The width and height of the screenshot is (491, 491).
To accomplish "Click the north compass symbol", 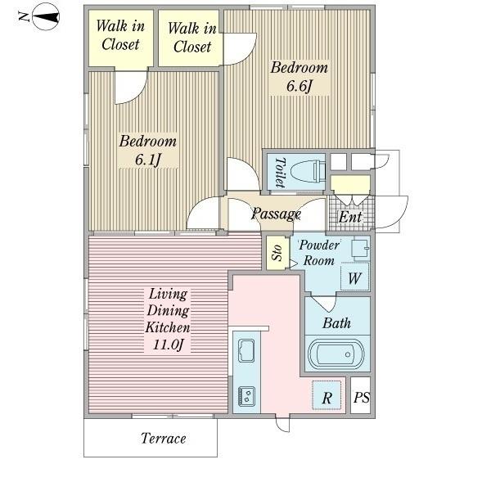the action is (x=45, y=16).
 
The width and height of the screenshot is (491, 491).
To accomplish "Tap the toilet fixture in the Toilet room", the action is (x=308, y=172).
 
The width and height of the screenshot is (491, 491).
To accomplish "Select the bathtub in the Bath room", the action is (x=336, y=354).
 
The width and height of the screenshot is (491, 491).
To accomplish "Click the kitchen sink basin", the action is (x=246, y=350).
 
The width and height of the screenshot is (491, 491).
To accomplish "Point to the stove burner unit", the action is (x=247, y=397).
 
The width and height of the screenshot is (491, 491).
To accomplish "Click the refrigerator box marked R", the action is (x=327, y=395).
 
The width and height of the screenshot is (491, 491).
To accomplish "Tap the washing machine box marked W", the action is (x=354, y=277).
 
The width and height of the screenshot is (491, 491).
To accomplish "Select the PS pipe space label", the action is (x=362, y=398).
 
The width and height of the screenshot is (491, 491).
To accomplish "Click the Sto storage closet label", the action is (x=277, y=252).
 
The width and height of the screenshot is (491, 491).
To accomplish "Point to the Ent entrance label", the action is (x=350, y=217).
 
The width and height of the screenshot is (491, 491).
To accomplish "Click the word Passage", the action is (x=276, y=214).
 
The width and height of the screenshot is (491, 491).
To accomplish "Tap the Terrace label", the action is (x=164, y=438).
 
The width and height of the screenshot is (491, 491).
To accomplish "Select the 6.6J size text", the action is (x=300, y=86).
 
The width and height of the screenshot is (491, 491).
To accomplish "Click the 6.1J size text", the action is (x=148, y=160).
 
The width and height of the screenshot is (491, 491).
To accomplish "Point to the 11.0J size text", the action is (x=168, y=345).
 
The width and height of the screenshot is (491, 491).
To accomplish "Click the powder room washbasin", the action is (x=360, y=249).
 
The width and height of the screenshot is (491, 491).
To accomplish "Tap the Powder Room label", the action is (x=319, y=252).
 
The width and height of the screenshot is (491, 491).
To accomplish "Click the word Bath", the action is (x=336, y=323).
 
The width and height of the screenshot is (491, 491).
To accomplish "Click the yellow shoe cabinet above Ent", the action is (x=350, y=184).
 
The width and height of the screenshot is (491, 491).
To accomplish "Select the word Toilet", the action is (x=280, y=173).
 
